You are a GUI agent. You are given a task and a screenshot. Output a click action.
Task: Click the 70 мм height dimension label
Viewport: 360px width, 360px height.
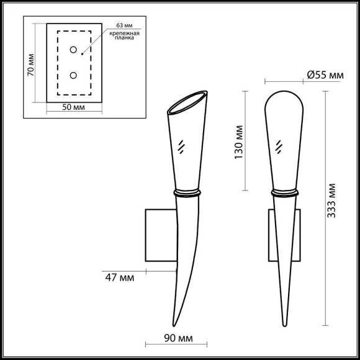coord(30,65)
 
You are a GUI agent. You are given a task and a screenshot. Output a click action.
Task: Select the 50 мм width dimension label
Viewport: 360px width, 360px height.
coord(73,107)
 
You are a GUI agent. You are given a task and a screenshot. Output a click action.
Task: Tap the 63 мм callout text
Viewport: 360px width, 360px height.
coord(124,25)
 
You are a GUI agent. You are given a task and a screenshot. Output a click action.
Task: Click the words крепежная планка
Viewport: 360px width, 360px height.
coord(124,35)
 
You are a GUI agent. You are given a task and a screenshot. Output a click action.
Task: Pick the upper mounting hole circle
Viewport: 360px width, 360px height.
coord(73,50)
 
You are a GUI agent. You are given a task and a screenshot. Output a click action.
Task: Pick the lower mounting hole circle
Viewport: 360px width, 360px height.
coord(73,75)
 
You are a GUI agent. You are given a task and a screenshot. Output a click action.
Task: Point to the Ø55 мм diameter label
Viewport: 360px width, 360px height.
coord(325,75)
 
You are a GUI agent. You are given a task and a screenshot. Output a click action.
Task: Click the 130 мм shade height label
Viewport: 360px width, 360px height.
coord(239,142)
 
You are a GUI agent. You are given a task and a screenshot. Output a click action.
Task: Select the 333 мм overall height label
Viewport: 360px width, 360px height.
coord(331,200)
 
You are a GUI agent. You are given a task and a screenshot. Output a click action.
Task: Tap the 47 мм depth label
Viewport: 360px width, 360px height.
coord(120,278)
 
